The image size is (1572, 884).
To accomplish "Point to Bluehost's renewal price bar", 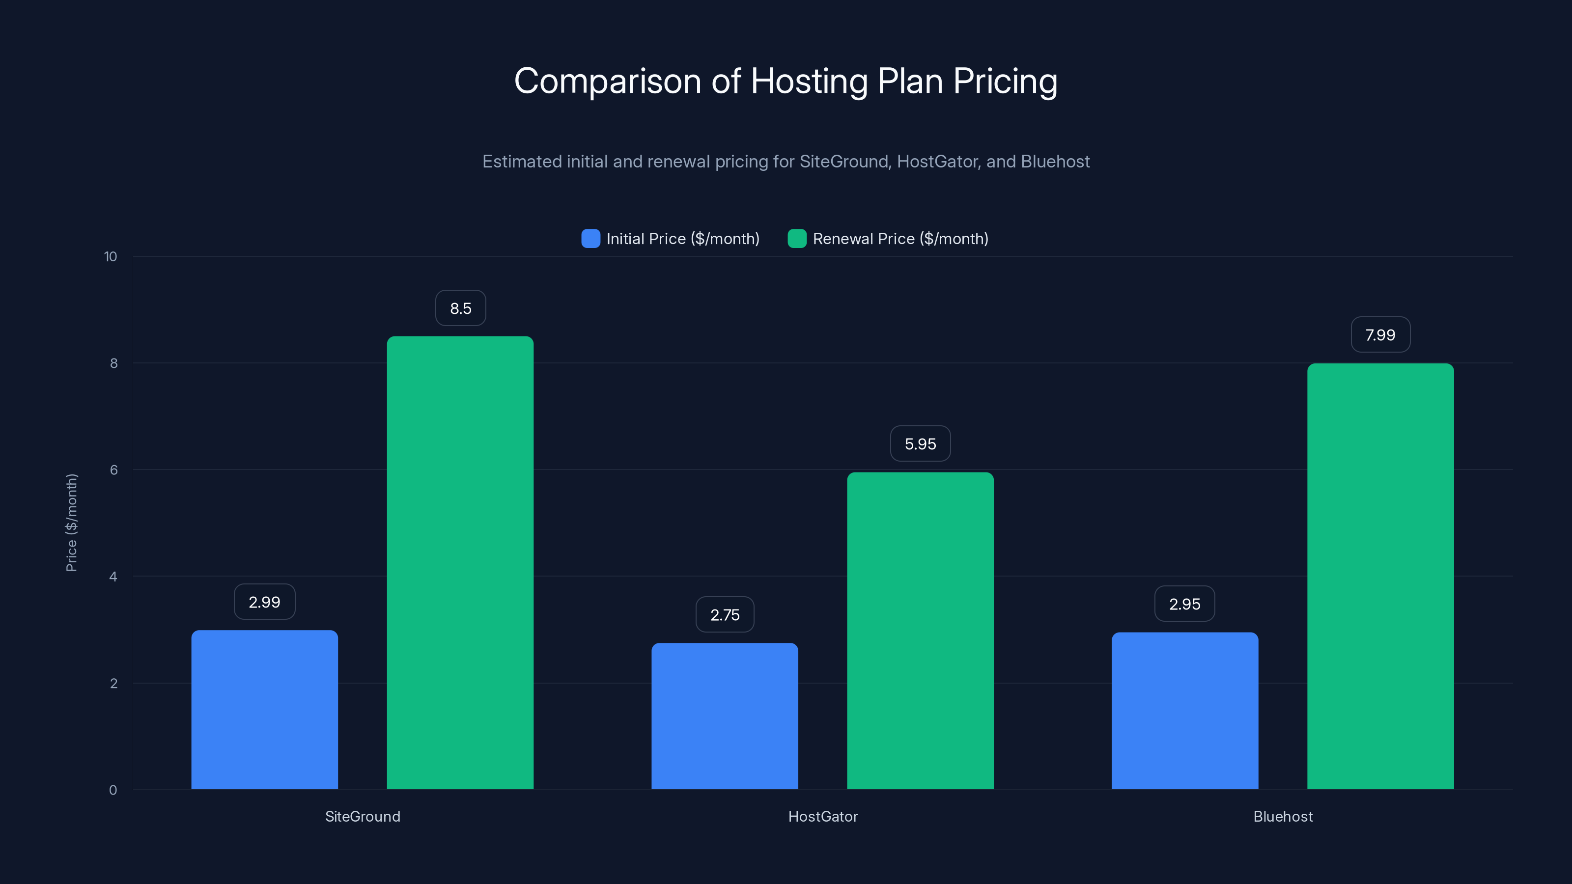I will [1380, 577].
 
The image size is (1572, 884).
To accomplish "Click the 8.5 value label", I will [461, 308].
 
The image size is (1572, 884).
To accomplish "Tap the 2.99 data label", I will [264, 602].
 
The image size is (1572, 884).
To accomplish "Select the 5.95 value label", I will [920, 443].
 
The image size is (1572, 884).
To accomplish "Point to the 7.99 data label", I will [1380, 334].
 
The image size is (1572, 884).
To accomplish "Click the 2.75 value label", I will [725, 614].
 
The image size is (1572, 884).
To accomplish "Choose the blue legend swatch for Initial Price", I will [590, 239].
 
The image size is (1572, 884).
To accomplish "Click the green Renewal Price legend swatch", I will [797, 239].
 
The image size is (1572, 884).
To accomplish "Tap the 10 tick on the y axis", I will [111, 256].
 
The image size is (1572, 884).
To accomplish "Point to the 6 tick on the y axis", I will [113, 470].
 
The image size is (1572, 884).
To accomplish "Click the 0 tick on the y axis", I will [113, 790].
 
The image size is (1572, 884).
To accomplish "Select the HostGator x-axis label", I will [823, 816].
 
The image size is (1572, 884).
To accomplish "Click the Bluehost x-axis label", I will [1283, 816].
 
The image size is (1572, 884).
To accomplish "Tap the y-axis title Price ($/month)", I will [71, 523].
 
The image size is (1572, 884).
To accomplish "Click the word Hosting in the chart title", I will [809, 81].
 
